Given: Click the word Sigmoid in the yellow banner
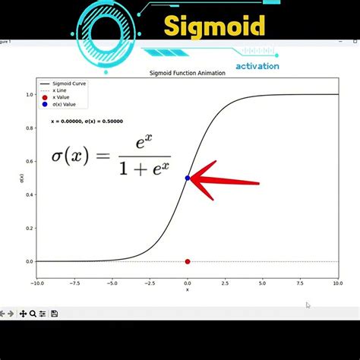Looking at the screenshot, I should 215,28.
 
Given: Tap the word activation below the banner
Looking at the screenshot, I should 257,66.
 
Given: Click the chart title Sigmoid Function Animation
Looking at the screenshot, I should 187,73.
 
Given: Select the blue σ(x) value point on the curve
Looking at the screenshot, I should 188,178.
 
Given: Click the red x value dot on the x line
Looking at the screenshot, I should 188,261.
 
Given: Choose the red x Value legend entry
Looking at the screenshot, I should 62,97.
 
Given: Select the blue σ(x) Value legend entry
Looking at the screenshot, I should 64,104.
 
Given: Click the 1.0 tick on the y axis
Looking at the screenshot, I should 30,94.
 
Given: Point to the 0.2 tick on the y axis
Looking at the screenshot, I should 30,228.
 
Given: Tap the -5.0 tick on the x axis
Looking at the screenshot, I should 111,283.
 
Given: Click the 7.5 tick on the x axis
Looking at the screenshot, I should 300,283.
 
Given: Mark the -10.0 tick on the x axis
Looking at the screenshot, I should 36,283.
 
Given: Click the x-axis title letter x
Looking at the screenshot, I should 188,289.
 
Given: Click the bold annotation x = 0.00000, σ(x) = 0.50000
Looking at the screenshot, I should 87,121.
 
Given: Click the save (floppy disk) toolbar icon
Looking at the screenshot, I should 55,314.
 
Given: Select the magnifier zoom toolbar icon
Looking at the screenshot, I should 33,314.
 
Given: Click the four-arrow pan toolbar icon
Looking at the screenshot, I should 24,314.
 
